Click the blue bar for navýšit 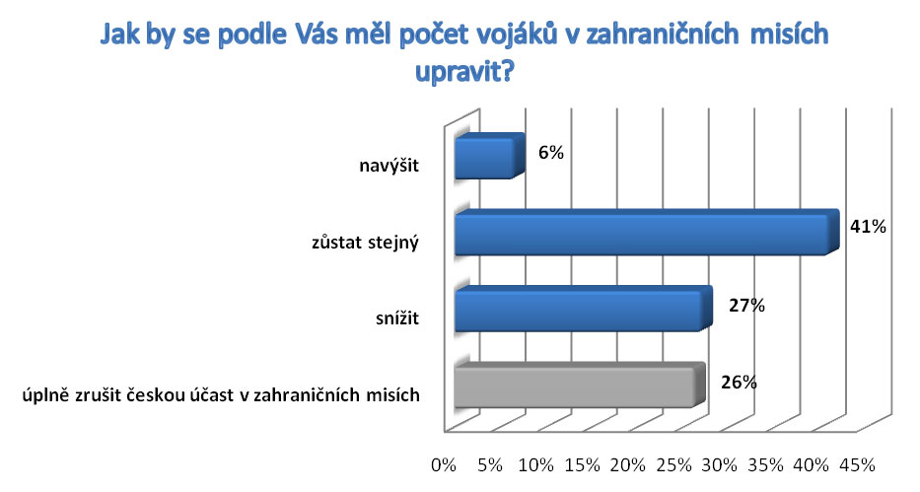[x=490, y=156]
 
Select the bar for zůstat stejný [x=647, y=233]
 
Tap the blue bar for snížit [x=584, y=309]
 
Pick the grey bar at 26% [x=580, y=385]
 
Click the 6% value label [x=551, y=153]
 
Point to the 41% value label [x=869, y=227]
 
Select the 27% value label [x=746, y=306]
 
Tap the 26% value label [x=739, y=383]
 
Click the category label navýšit [x=389, y=166]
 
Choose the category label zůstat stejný [x=365, y=243]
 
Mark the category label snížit [x=397, y=318]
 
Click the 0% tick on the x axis [x=444, y=465]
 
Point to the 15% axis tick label [x=582, y=465]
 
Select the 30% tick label [x=720, y=465]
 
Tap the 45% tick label [x=858, y=465]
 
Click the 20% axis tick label [x=628, y=465]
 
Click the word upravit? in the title [x=464, y=73]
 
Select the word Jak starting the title [x=118, y=35]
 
